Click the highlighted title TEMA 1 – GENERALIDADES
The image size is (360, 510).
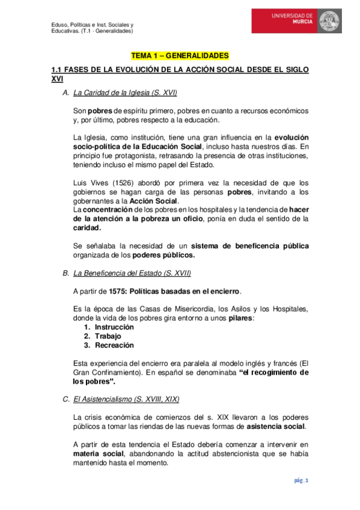click(x=180, y=56)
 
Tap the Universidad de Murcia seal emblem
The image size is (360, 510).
click(x=329, y=22)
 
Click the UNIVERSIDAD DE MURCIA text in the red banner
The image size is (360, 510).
click(x=293, y=17)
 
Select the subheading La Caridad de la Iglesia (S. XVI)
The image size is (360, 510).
click(x=124, y=93)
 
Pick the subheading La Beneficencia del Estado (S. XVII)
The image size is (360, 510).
click(x=132, y=273)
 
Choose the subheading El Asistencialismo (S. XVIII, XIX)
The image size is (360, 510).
click(x=126, y=399)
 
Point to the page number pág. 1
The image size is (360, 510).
click(x=301, y=481)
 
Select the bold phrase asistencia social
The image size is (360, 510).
click(x=275, y=426)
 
